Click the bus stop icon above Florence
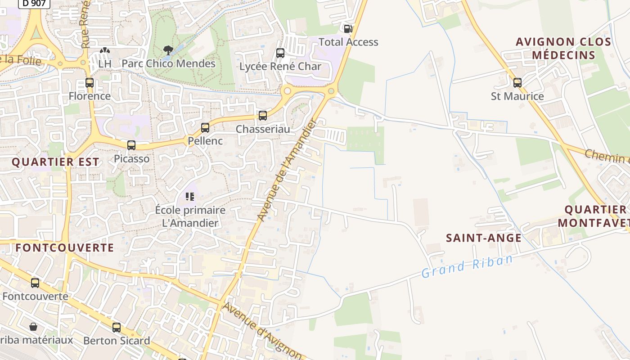pos(90,83)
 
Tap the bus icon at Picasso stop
pos(131,145)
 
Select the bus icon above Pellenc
pos(205,128)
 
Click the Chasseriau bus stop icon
pos(263,116)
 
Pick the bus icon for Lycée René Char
pos(280,53)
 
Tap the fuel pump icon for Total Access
pos(348,29)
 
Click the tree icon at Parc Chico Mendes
pos(168,50)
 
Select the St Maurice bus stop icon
pos(517,83)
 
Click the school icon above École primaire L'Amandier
pos(190,197)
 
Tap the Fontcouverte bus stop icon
pos(35,283)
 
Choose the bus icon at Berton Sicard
pos(117,328)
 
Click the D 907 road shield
pos(34,4)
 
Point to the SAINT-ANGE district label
pos(484,238)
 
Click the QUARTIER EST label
pos(55,162)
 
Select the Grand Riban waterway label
pos(467,266)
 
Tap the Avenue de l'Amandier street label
pos(288,170)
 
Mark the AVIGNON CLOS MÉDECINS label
pos(563,49)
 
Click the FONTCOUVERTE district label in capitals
pos(65,247)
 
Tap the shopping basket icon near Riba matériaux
pos(33,326)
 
